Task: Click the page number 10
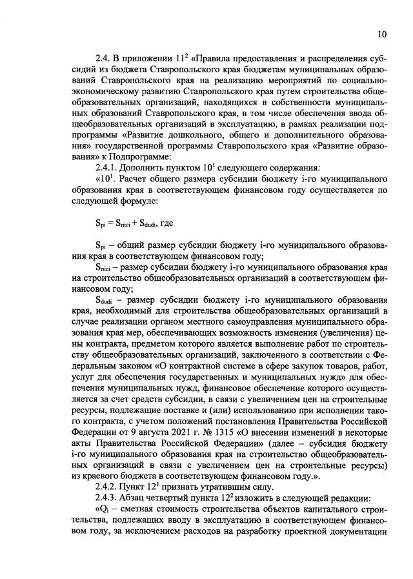pyautogui.click(x=381, y=34)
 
